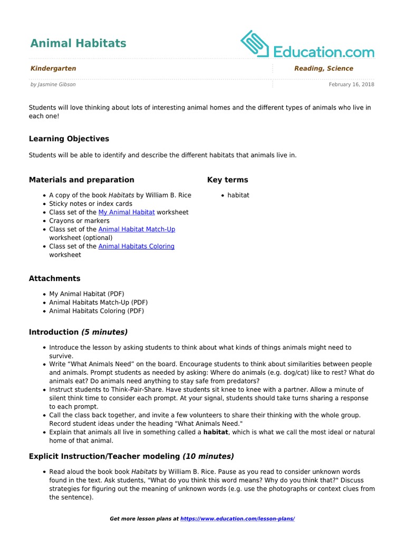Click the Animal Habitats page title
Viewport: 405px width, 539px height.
[78, 43]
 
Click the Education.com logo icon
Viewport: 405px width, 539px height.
[255, 43]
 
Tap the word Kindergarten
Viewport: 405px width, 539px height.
[53, 68]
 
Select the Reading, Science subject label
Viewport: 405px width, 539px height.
[323, 68]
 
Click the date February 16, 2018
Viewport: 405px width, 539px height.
[351, 84]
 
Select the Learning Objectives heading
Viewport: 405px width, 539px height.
[69, 139]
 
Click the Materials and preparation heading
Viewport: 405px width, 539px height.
[81, 180]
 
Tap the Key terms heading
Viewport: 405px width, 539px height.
[228, 180]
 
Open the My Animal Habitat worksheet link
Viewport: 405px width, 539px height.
[127, 212]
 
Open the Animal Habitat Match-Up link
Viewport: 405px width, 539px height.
[137, 229]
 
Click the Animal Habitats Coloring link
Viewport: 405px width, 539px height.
[136, 246]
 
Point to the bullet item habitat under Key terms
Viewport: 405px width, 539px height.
[238, 195]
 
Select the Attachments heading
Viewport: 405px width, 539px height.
[55, 278]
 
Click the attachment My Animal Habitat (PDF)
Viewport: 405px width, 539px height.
[86, 294]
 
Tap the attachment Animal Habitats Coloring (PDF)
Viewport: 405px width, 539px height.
[97, 311]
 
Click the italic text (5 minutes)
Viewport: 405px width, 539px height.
[104, 332]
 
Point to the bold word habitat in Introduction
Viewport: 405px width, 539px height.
[215, 432]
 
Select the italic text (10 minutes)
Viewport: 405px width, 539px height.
[208, 456]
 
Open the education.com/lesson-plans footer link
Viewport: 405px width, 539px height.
[237, 519]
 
